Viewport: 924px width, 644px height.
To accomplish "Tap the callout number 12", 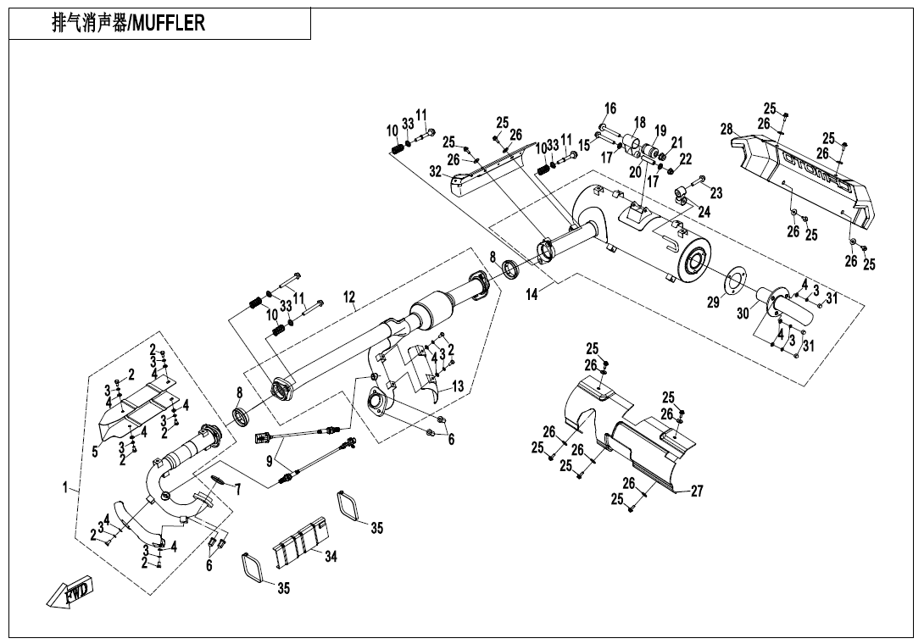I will click(x=349, y=297).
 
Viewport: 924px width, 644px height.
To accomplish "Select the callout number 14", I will click(x=532, y=296).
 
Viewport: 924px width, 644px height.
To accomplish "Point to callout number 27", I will click(x=697, y=491).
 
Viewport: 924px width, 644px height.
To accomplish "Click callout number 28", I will click(x=726, y=130).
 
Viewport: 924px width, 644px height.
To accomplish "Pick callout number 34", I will click(x=331, y=557).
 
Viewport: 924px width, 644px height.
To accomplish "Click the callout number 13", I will click(x=458, y=386).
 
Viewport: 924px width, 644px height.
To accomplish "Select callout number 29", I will click(x=714, y=302).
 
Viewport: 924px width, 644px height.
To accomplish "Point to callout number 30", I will click(x=743, y=314).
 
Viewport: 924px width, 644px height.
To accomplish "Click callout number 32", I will click(x=436, y=171).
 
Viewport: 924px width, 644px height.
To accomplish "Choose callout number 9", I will click(x=270, y=462).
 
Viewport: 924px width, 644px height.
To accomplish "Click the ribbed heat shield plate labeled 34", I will click(x=299, y=542).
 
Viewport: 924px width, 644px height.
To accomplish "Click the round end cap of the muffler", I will click(x=695, y=264).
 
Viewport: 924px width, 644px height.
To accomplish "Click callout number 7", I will click(x=237, y=489).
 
